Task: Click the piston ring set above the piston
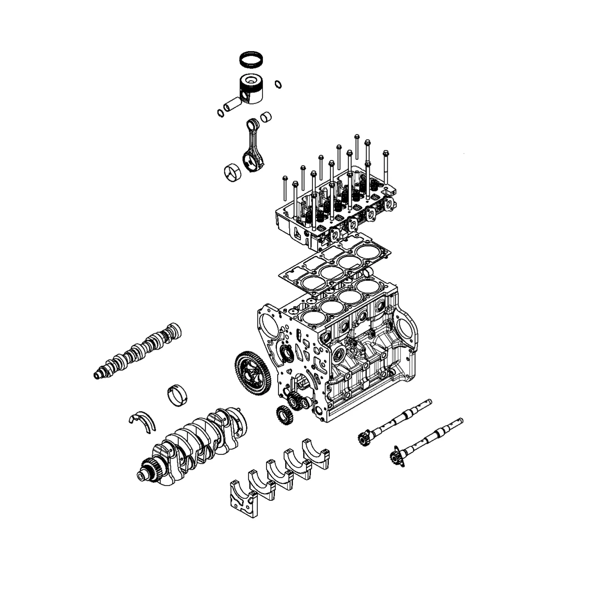(x=251, y=59)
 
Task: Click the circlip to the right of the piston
(x=278, y=84)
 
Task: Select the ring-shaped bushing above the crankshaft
(x=178, y=396)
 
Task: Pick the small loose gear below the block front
(x=284, y=415)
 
